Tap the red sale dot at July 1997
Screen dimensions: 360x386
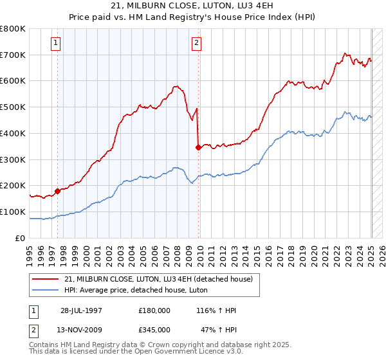(57, 190)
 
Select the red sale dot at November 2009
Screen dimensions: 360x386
(198, 147)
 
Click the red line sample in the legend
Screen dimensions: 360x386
(45, 279)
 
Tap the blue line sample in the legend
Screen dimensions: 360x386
(45, 290)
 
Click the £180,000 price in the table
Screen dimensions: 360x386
(154, 310)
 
